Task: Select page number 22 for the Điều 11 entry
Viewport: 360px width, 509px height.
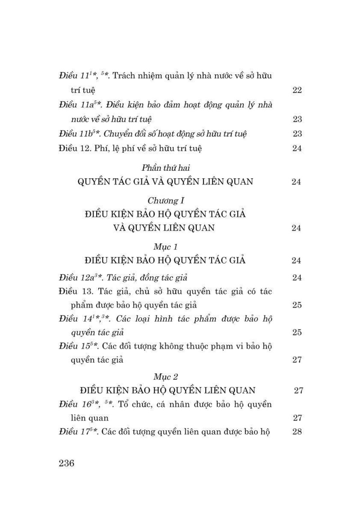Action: [297, 90]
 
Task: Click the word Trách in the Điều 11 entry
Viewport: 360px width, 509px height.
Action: [124, 76]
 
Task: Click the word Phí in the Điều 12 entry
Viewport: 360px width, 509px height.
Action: [100, 148]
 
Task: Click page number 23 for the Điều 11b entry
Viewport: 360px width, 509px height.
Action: [297, 134]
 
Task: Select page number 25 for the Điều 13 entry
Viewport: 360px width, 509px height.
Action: [297, 305]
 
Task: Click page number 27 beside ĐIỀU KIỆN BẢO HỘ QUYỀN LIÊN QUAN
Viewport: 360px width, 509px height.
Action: [298, 390]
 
